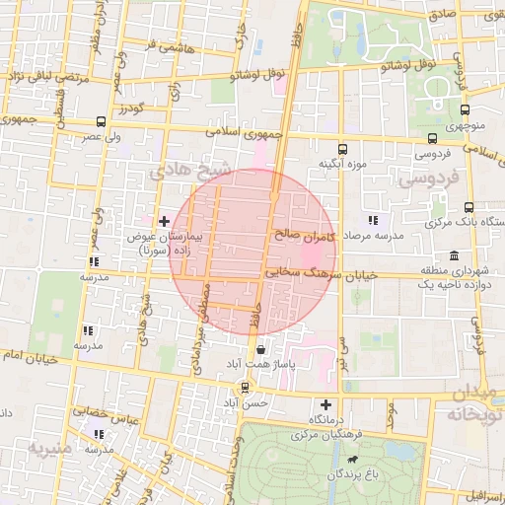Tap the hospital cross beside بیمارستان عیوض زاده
164,220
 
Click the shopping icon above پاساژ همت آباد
259,349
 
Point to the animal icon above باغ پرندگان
352,459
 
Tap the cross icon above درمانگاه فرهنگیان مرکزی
326,404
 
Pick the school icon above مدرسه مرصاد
372,220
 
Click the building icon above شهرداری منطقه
454,255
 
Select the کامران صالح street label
308,237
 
